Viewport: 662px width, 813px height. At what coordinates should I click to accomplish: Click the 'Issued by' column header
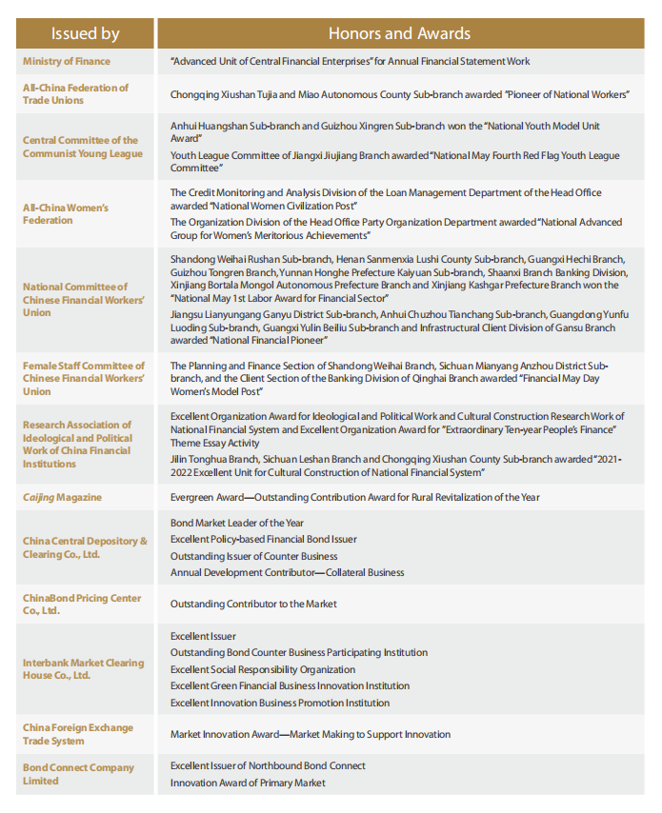click(x=85, y=33)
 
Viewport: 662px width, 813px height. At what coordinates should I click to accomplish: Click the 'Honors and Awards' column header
click(x=399, y=33)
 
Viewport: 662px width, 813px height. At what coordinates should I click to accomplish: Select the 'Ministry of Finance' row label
click(x=67, y=61)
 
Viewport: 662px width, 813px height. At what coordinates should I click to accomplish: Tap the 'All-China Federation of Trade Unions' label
click(x=75, y=93)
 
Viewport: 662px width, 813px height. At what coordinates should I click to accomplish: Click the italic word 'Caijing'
click(x=40, y=497)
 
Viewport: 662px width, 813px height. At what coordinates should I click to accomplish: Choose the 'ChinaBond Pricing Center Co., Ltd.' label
click(x=82, y=604)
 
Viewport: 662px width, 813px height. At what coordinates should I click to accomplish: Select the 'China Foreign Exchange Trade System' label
click(x=78, y=734)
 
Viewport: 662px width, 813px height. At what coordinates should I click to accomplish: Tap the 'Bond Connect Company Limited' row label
click(x=78, y=774)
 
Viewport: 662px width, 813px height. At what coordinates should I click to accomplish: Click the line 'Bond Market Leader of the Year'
click(x=237, y=523)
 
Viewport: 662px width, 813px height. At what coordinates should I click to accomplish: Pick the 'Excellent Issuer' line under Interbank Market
click(x=203, y=636)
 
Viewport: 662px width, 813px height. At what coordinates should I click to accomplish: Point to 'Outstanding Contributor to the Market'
click(x=253, y=604)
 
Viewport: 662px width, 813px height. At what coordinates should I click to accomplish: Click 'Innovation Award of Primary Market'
click(x=248, y=783)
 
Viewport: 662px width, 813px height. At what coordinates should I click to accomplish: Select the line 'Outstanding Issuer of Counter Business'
click(x=253, y=556)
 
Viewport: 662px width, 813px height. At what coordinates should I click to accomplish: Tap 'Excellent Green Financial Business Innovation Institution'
click(x=290, y=685)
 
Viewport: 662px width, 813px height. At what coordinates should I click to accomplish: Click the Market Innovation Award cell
click(x=311, y=734)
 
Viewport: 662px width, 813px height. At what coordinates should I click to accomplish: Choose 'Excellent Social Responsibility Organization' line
click(x=263, y=669)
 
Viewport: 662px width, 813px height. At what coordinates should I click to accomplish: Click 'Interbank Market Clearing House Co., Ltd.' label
click(x=83, y=669)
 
